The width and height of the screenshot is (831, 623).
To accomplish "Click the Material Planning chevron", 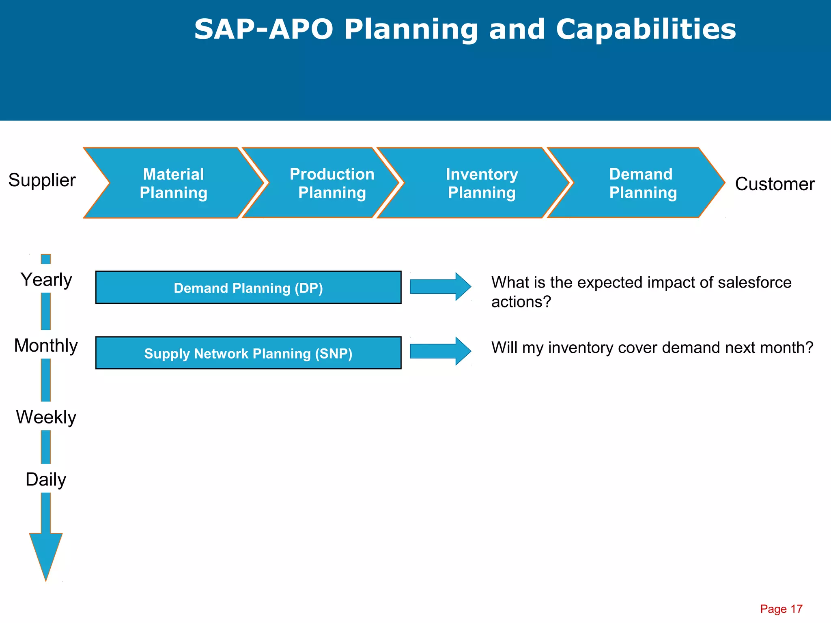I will coord(174,183).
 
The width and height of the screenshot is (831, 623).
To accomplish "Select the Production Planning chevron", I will coord(332,183).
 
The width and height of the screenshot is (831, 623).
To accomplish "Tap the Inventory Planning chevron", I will coord(482,183).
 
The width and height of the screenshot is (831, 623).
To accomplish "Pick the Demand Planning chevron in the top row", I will coord(643,183).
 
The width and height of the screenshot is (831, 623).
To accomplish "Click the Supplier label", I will coord(42,180).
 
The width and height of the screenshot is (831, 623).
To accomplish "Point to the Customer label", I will coord(775,184).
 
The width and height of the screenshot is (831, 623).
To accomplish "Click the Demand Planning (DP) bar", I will coord(248,288).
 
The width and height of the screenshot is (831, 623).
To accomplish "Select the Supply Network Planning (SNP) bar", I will coord(248,353).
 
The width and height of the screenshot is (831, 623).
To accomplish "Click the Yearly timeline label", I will coord(46,280).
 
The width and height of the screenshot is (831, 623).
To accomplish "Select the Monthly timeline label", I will coord(46,346).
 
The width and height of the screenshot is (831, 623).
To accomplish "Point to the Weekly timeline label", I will coord(46,417).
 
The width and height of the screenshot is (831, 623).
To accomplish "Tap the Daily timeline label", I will coord(46,479).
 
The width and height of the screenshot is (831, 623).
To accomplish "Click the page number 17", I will coord(796,609).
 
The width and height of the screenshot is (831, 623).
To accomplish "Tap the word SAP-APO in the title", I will coord(263,29).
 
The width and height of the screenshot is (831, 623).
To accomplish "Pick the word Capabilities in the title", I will coord(646,29).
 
